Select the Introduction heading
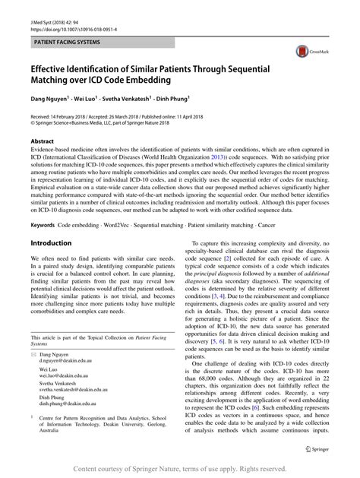click(50, 243)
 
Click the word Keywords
click(43, 225)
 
